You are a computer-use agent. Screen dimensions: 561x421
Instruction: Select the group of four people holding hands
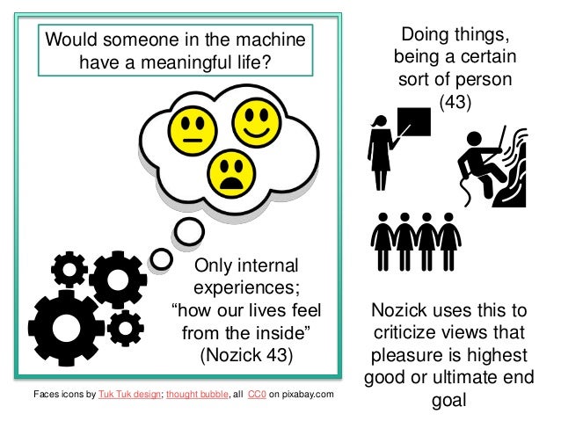[x=417, y=237]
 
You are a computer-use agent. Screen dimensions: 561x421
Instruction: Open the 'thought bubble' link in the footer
[x=197, y=393]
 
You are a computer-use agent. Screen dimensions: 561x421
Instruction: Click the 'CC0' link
[x=257, y=393]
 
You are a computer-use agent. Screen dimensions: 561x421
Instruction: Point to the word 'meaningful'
[x=165, y=63]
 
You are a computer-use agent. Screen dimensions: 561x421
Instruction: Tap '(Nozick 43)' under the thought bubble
[x=245, y=357]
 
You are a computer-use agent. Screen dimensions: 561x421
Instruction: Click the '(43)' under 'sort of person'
[x=455, y=103]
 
